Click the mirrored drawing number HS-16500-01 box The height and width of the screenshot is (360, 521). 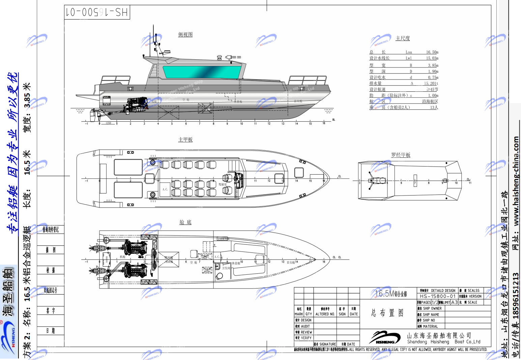(x=97, y=12)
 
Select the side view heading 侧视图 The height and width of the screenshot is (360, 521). (x=185, y=35)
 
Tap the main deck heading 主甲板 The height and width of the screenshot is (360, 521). (x=185, y=140)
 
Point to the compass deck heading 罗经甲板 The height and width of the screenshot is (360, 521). (x=401, y=155)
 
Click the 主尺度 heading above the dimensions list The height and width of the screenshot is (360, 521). (x=403, y=38)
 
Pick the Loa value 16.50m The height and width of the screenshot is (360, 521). (x=432, y=52)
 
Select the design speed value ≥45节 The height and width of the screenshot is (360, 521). (x=432, y=89)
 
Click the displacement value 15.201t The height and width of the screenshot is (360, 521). (x=431, y=83)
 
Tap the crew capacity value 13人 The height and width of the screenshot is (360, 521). (x=434, y=108)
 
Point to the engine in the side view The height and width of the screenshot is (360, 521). (x=136, y=105)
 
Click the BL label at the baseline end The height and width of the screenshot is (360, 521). (x=334, y=120)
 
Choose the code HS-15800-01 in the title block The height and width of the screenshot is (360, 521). (x=437, y=296)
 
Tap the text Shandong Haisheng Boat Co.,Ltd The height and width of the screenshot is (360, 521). (x=443, y=342)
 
